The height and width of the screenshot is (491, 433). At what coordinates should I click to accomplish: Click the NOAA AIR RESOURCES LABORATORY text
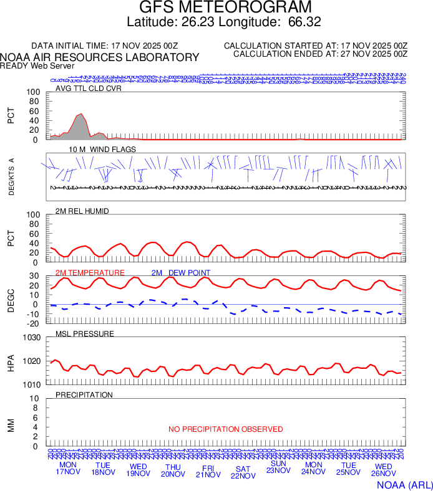click(100, 57)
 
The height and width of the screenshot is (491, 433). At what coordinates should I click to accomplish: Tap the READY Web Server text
click(37, 65)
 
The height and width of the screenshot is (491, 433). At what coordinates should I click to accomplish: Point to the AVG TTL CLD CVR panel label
click(88, 88)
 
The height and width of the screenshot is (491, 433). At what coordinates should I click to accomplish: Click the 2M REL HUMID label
click(82, 211)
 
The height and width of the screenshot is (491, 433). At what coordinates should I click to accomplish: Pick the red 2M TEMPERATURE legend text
click(90, 273)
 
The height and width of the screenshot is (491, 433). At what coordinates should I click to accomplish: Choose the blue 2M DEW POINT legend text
click(181, 273)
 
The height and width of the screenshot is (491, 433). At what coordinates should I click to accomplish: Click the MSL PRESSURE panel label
click(85, 334)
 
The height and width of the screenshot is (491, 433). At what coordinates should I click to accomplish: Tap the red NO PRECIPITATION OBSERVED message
click(225, 429)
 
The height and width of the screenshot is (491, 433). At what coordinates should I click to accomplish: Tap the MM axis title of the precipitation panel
click(11, 426)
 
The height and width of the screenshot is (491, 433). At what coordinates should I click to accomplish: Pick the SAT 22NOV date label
click(243, 472)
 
